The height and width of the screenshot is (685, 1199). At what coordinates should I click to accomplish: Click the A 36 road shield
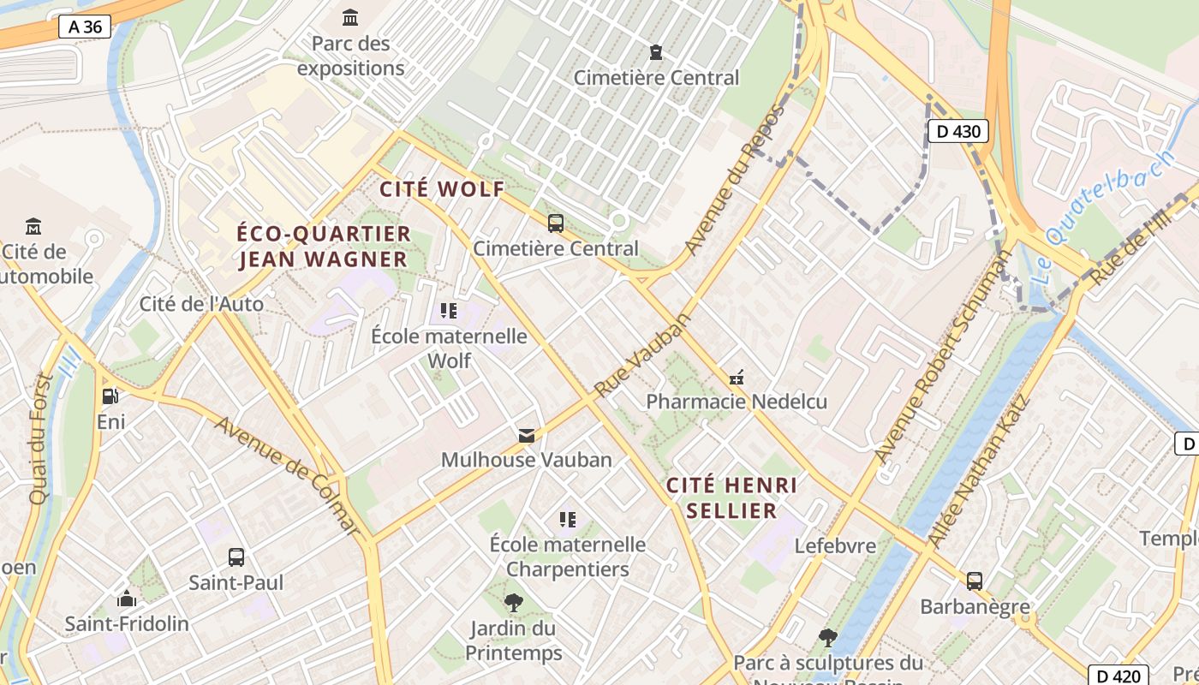point(86,27)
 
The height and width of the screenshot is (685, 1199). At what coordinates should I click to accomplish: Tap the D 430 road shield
point(958,131)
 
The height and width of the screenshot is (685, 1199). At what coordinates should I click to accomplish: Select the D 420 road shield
point(1118,675)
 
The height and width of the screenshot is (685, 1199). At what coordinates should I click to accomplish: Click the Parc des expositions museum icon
point(350,17)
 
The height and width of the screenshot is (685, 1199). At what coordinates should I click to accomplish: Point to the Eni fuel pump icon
point(110,396)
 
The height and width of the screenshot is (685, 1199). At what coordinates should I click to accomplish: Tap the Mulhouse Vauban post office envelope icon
point(527,436)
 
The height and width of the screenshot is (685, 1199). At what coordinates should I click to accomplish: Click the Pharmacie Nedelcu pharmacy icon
point(736,377)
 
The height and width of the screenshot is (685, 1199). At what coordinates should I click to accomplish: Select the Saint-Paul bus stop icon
point(236,557)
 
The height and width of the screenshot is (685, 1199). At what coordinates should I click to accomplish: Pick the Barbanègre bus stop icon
point(975,581)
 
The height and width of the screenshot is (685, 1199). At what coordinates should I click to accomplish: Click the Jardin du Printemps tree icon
point(513,603)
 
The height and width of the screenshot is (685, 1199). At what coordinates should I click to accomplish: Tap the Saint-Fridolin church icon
point(127,598)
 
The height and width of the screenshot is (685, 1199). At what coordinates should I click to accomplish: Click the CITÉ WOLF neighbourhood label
point(442,189)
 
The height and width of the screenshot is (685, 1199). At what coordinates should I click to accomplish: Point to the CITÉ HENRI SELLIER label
point(731,497)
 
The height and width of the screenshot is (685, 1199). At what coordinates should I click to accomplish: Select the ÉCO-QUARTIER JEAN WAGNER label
point(324,246)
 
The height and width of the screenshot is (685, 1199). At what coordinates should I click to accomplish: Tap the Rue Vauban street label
point(641,355)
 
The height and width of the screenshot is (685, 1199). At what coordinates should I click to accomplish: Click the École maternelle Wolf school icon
point(449,310)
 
